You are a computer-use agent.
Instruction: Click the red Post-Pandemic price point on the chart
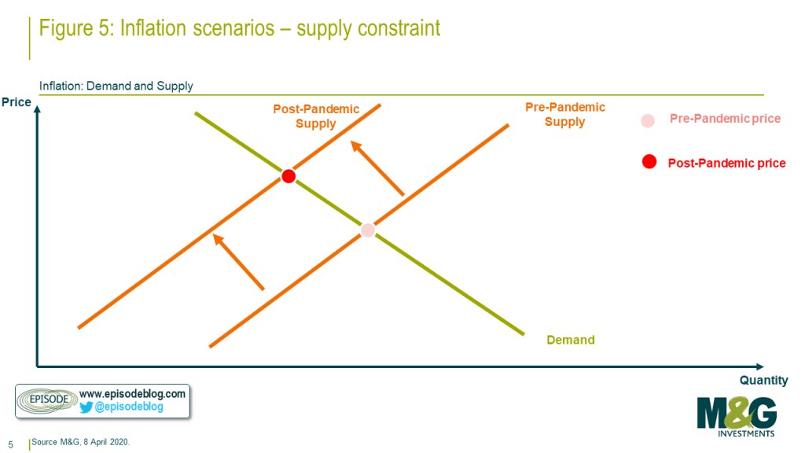pyautogui.click(x=289, y=176)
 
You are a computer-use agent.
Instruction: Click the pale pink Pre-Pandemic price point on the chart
pyautogui.click(x=368, y=230)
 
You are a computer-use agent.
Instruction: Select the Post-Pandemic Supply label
pyautogui.click(x=316, y=116)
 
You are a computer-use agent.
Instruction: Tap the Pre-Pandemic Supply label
pyautogui.click(x=564, y=114)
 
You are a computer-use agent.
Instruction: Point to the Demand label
pyautogui.click(x=571, y=340)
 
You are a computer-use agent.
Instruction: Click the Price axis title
pyautogui.click(x=17, y=102)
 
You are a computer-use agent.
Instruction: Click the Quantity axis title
pyautogui.click(x=763, y=381)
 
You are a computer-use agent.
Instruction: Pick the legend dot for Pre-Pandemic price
pyautogui.click(x=648, y=120)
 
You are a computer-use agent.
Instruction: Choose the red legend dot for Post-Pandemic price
pyautogui.click(x=649, y=162)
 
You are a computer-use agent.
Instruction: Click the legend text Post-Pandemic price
pyautogui.click(x=726, y=164)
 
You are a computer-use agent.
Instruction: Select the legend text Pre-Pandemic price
pyautogui.click(x=725, y=119)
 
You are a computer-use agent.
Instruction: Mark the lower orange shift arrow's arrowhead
pyautogui.click(x=219, y=240)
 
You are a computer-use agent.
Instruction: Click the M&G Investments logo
pyautogui.click(x=737, y=417)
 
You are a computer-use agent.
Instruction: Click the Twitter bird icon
pyautogui.click(x=86, y=407)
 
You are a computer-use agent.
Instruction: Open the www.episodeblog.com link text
pyautogui.click(x=132, y=394)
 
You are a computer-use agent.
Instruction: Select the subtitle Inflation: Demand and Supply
pyautogui.click(x=116, y=86)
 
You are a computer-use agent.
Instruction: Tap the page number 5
pyautogui.click(x=10, y=445)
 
